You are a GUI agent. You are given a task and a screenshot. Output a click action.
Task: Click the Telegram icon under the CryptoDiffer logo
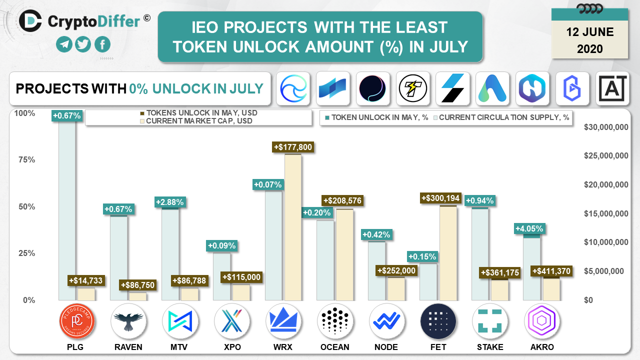[x=64, y=44]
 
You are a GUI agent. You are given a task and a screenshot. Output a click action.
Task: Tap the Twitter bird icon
[x=83, y=44]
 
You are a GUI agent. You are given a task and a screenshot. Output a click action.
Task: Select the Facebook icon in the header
[x=102, y=44]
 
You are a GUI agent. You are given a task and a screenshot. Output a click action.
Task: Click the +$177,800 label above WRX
[x=293, y=147]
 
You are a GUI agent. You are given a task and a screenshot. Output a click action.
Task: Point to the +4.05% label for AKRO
[x=529, y=228]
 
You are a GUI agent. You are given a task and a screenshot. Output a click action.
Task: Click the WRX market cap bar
[x=293, y=227]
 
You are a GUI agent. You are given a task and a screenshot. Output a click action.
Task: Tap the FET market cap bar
[x=448, y=253]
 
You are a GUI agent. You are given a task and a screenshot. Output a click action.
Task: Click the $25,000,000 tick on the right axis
[x=606, y=155]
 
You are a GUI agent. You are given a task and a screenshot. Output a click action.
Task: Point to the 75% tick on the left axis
[x=27, y=159]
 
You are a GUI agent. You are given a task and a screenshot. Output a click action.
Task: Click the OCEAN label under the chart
[x=335, y=347]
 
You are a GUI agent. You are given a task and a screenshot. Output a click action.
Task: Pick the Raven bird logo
[x=128, y=321]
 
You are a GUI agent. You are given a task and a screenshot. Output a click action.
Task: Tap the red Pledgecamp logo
[x=77, y=321]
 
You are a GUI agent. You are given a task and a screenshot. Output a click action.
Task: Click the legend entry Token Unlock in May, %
[x=377, y=117]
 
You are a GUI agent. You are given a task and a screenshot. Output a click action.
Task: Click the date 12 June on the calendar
[x=590, y=32]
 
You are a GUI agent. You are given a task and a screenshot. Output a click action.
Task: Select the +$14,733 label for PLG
[x=86, y=280]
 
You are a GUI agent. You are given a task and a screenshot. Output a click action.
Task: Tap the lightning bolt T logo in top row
[x=412, y=88]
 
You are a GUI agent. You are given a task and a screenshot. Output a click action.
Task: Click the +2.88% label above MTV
[x=170, y=202]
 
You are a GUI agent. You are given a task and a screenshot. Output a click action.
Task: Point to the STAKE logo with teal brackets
[x=490, y=321]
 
